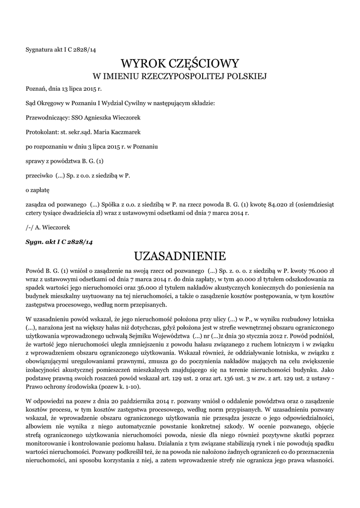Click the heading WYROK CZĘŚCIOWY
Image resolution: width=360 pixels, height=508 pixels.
coord(180,63)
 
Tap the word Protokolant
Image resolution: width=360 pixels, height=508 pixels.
coord(42,132)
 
